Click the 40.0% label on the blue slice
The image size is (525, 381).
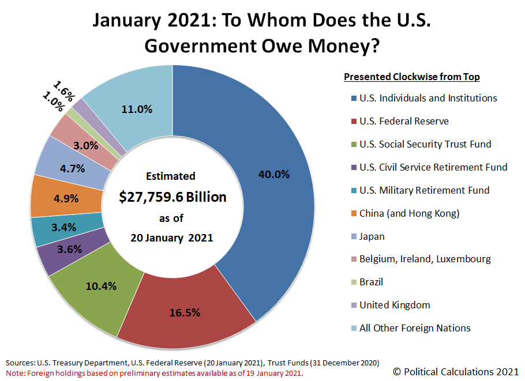[x=274, y=175]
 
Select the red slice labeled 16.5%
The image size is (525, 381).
[x=185, y=313]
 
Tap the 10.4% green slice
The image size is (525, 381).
[x=100, y=286]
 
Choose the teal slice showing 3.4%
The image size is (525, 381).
[x=64, y=227]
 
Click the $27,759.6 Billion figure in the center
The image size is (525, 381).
[x=172, y=197]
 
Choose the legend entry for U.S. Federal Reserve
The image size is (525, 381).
[x=404, y=121]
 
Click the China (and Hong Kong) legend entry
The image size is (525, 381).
[x=409, y=213]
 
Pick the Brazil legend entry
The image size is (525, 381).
[x=371, y=282]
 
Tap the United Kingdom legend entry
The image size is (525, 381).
[x=395, y=305]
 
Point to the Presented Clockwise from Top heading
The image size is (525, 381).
[x=412, y=77]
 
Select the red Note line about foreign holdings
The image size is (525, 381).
[x=155, y=372]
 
